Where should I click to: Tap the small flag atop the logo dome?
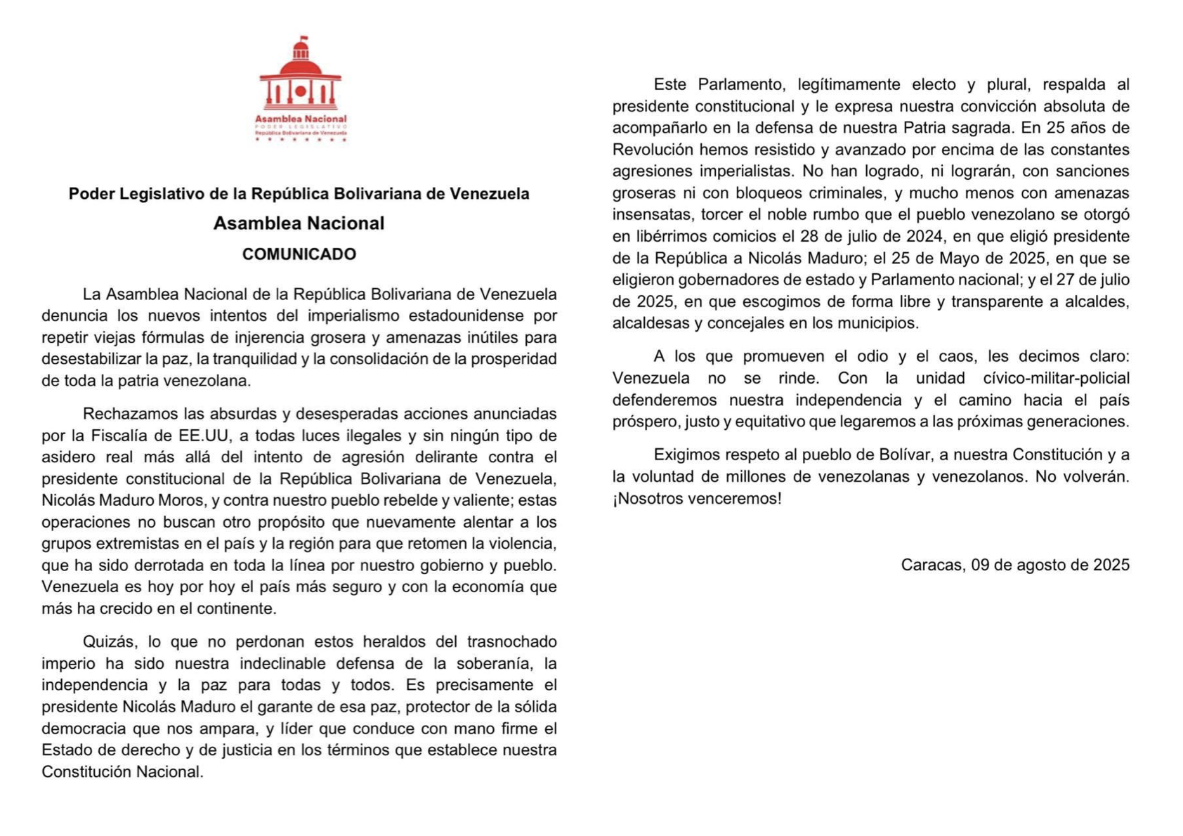tap(303, 39)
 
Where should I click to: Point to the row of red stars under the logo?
tap(301, 140)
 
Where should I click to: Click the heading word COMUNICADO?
tap(299, 254)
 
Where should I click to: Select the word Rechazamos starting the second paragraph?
tap(128, 414)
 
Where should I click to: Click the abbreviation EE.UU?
tap(204, 436)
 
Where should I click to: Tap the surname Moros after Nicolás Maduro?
tap(182, 501)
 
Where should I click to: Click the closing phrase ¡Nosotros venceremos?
tap(697, 499)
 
